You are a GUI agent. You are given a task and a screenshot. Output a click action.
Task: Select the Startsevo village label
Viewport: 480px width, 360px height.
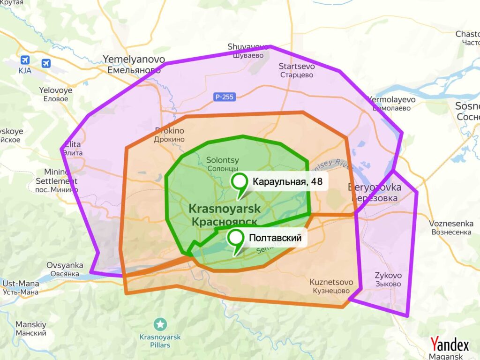(296, 70)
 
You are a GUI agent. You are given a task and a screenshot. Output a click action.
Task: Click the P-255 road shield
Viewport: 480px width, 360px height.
(225, 97)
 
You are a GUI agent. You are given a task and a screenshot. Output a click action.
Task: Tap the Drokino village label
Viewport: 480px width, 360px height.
(169, 135)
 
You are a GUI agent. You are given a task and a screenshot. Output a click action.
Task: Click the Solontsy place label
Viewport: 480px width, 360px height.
(222, 164)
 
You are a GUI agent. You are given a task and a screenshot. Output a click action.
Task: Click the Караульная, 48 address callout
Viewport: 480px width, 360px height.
(287, 181)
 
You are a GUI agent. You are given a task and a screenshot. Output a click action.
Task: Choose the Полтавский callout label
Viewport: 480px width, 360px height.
(275, 238)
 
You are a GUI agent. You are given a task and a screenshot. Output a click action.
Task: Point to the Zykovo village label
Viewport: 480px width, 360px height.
(388, 279)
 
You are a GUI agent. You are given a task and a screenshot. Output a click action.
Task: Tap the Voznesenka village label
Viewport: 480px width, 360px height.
(450, 227)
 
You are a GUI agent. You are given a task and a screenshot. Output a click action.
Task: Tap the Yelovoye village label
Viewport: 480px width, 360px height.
(56, 94)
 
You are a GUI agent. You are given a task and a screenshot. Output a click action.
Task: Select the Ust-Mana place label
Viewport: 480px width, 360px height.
(20, 287)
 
